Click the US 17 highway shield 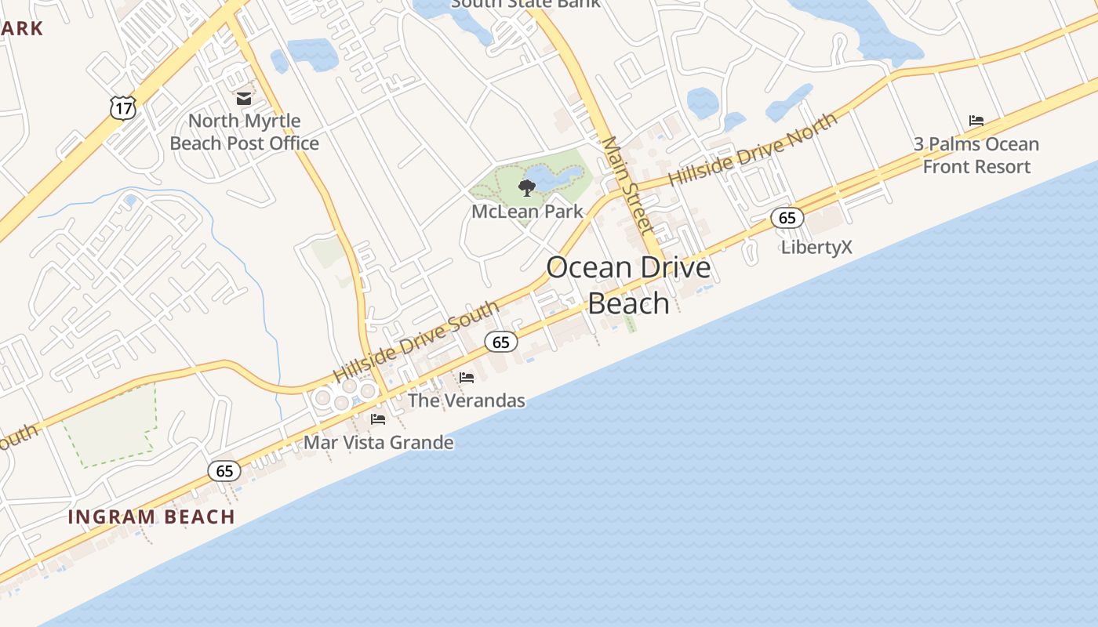(x=123, y=107)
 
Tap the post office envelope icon (x=244, y=99)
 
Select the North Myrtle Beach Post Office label (x=245, y=132)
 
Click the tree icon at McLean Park (x=527, y=187)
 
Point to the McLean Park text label (x=528, y=212)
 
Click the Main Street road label (x=627, y=186)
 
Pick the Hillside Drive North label (x=753, y=149)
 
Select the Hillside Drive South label (x=416, y=342)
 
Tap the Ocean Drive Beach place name (x=628, y=285)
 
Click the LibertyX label (x=816, y=248)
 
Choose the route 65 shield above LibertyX (x=787, y=218)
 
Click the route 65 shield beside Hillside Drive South (x=501, y=342)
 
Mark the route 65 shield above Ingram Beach (x=225, y=471)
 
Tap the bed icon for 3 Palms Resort (x=976, y=121)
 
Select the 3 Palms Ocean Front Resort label (x=976, y=155)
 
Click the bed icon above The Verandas (x=467, y=378)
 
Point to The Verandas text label (x=467, y=400)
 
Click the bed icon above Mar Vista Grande (x=378, y=419)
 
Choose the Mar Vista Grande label (x=379, y=443)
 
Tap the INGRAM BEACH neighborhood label (x=151, y=517)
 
